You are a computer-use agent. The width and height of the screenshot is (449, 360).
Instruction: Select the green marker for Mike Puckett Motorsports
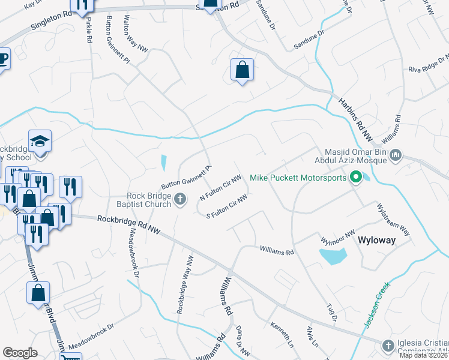[355, 177]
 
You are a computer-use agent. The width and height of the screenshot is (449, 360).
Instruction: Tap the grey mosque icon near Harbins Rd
[395, 157]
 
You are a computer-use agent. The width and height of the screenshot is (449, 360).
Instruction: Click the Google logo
[20, 352]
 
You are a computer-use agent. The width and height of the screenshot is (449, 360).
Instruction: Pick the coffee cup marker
[2, 59]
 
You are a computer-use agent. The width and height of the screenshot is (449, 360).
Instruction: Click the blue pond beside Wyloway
[333, 257]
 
